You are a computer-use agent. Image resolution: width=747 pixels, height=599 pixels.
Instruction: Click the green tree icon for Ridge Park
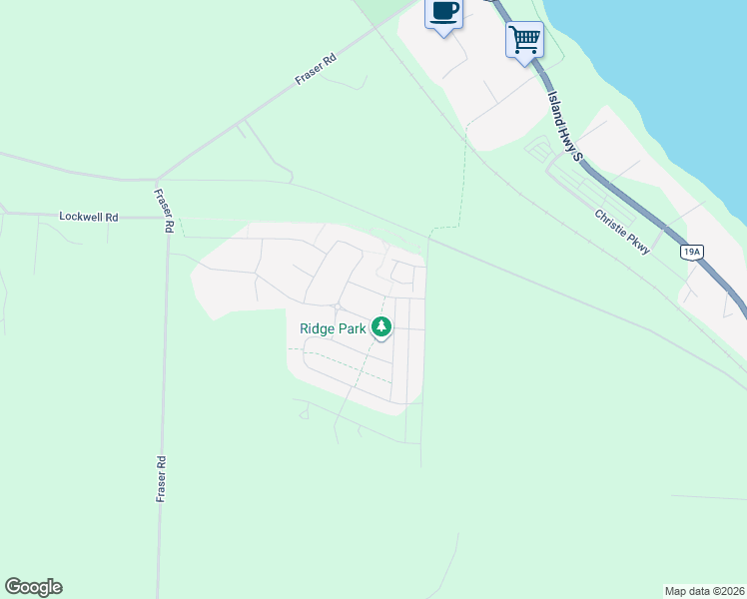pyautogui.click(x=380, y=326)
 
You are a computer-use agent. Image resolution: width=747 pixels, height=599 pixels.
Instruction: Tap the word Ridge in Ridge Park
pyautogui.click(x=317, y=327)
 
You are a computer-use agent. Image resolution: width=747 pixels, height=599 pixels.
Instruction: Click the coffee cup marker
pyautogui.click(x=444, y=13)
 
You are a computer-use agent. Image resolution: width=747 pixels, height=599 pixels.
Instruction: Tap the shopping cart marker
pyautogui.click(x=524, y=40)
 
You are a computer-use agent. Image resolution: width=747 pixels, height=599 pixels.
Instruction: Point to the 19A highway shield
pyautogui.click(x=691, y=252)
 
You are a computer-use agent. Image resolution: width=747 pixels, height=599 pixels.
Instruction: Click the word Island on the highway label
pyautogui.click(x=555, y=107)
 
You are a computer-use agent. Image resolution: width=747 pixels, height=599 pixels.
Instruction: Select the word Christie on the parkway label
pyautogui.click(x=611, y=224)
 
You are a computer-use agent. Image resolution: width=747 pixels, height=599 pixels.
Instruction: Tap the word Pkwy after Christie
pyautogui.click(x=639, y=243)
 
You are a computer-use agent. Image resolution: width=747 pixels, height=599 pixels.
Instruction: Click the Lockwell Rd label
pyautogui.click(x=89, y=216)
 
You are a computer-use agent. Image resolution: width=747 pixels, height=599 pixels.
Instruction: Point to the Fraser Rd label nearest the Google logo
pyautogui.click(x=161, y=479)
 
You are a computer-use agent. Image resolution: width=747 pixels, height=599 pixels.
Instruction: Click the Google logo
pyautogui.click(x=33, y=587)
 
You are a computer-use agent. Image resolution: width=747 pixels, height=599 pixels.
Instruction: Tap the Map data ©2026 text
pyautogui.click(x=704, y=590)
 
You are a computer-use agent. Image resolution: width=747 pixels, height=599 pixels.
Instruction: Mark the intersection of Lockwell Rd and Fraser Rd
pyautogui.click(x=165, y=216)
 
